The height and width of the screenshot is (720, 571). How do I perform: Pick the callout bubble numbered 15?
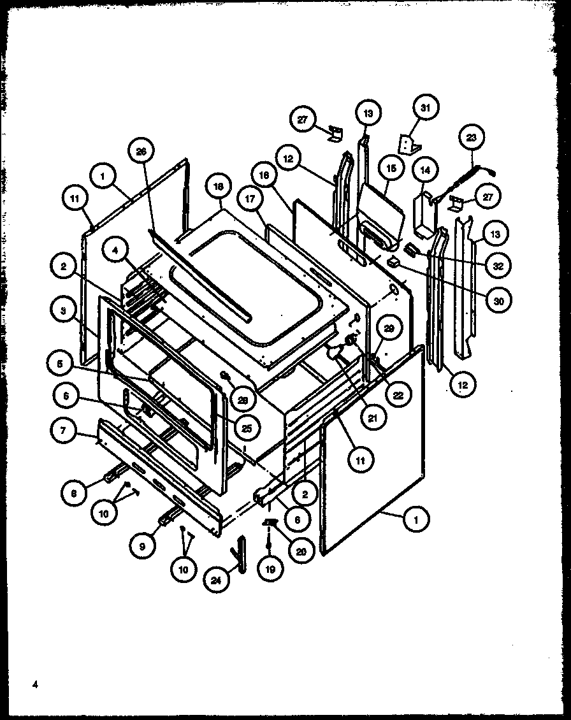[x=391, y=169]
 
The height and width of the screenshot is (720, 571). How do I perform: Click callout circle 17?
[x=249, y=199]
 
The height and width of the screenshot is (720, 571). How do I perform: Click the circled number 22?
[x=397, y=395]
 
